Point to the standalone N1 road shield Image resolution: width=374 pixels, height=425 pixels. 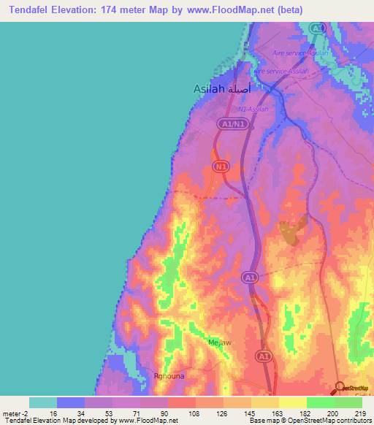(221, 167)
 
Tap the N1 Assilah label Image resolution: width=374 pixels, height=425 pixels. (253, 109)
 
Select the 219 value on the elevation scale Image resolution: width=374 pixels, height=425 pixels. (360, 413)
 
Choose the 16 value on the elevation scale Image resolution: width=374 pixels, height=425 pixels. (53, 413)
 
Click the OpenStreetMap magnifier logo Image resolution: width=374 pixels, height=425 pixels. (339, 388)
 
